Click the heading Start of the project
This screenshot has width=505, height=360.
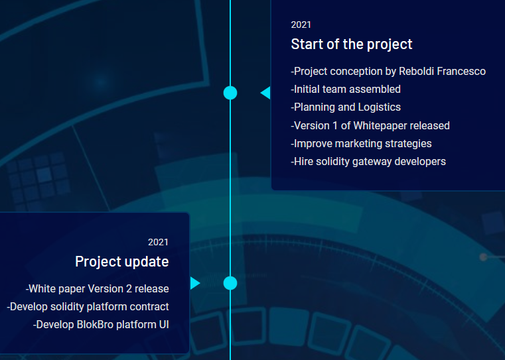(x=351, y=44)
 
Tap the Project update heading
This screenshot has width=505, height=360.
(x=121, y=262)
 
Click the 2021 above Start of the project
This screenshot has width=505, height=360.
(x=301, y=25)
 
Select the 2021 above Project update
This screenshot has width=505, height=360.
(x=158, y=242)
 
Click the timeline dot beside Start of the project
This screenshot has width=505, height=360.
(x=230, y=93)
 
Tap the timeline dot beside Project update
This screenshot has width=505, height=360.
(x=230, y=283)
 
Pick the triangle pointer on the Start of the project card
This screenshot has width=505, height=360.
(x=265, y=93)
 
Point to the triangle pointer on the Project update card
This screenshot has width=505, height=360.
(x=195, y=283)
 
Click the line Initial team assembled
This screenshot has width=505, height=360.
(x=346, y=89)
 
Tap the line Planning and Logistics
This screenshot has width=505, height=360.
(x=346, y=107)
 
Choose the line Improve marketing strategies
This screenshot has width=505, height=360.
(x=362, y=143)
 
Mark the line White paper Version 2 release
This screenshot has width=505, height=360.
(x=98, y=289)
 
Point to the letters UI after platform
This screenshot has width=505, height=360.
(x=164, y=325)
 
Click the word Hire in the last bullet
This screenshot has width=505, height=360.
(x=303, y=162)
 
